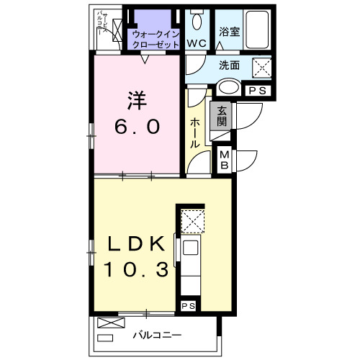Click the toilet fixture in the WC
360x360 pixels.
pyautogui.click(x=197, y=20)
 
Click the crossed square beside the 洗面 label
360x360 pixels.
pyautogui.click(x=260, y=67)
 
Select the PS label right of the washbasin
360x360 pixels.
pyautogui.click(x=257, y=91)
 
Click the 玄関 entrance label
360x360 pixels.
pyautogui.click(x=220, y=116)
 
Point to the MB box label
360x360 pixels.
pyautogui.click(x=224, y=158)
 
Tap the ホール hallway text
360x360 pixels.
pyautogui.click(x=195, y=134)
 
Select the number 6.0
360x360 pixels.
pyautogui.click(x=136, y=126)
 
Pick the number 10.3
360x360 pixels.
pyautogui.click(x=136, y=271)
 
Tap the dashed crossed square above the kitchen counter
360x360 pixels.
pyautogui.click(x=192, y=220)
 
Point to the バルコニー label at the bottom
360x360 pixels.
pyautogui.click(x=156, y=336)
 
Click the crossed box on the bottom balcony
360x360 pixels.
pyautogui.click(x=107, y=323)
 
